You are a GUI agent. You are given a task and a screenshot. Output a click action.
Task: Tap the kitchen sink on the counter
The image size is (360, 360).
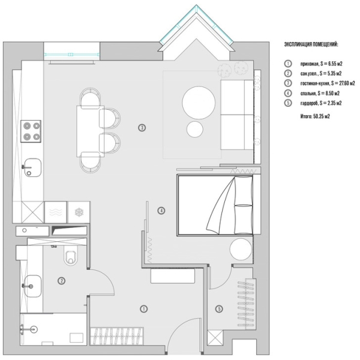pyautogui.click(x=32, y=167)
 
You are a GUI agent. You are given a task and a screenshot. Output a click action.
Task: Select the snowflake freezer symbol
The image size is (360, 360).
pyautogui.click(x=78, y=212)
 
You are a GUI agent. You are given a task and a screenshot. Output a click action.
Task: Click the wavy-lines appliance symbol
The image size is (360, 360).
pyautogui.click(x=55, y=212)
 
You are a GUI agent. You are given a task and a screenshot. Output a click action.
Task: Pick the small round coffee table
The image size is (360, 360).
pyautogui.click(x=195, y=128)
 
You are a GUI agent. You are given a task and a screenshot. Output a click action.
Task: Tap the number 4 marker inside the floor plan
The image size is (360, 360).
pyautogui.click(x=161, y=211)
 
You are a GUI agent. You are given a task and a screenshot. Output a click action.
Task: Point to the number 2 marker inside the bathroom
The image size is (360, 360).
pyautogui.click(x=61, y=280)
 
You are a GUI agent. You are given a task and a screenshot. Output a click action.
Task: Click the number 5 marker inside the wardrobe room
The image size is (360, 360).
pyautogui.click(x=219, y=309)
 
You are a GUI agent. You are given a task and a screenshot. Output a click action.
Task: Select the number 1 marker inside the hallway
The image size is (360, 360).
pyautogui.click(x=143, y=308)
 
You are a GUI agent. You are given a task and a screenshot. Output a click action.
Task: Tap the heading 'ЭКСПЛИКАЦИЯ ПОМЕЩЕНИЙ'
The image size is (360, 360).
pyautogui.click(x=310, y=44)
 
